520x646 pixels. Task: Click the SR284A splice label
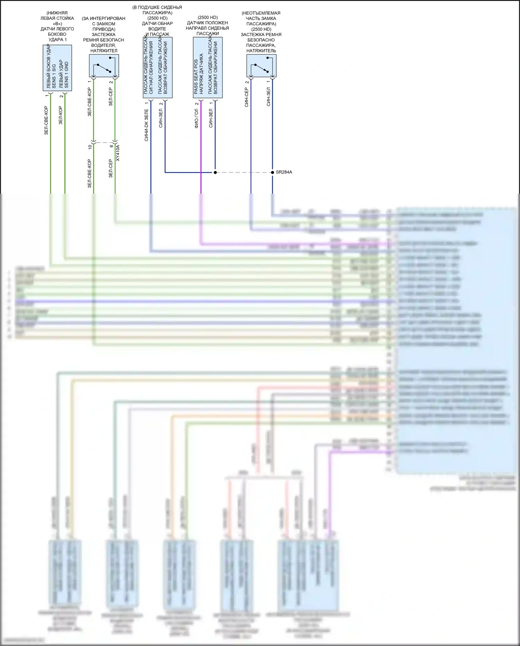click(x=284, y=172)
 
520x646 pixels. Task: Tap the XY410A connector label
click(x=118, y=153)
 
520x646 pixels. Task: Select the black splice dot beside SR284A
click(x=272, y=172)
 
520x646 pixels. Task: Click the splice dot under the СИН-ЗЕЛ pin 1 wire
click(x=215, y=172)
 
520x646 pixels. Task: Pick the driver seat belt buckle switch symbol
click(x=104, y=66)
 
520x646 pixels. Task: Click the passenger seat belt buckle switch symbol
click(x=261, y=66)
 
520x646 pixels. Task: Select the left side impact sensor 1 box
click(x=57, y=68)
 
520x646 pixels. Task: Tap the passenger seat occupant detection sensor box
click(x=157, y=68)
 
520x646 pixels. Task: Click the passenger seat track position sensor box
click(x=208, y=68)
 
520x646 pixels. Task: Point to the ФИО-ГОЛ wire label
click(x=197, y=118)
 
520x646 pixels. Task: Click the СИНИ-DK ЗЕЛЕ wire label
click(x=146, y=125)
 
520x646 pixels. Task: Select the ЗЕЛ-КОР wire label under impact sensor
click(x=61, y=115)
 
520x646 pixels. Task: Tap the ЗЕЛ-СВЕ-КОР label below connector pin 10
click(x=89, y=174)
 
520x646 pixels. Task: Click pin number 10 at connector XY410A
click(x=90, y=147)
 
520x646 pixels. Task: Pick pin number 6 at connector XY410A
click(x=111, y=146)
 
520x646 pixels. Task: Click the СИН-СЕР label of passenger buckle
click(x=246, y=97)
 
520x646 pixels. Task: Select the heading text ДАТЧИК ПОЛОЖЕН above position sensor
click(x=207, y=23)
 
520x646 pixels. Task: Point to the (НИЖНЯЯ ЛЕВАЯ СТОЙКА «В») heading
click(x=57, y=18)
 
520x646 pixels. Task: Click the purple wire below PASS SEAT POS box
click(x=201, y=146)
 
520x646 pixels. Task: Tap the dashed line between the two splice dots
click(x=244, y=172)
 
